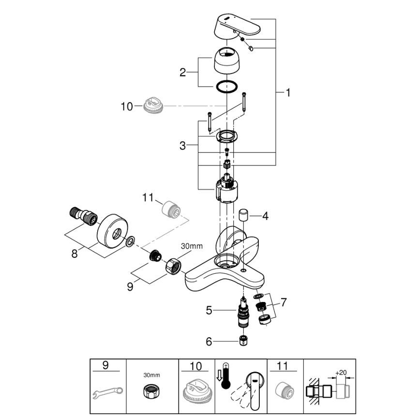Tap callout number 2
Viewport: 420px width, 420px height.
[x=182, y=73]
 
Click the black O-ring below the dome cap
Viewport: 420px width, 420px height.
[x=226, y=87]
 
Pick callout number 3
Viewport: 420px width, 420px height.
[x=182, y=145]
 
